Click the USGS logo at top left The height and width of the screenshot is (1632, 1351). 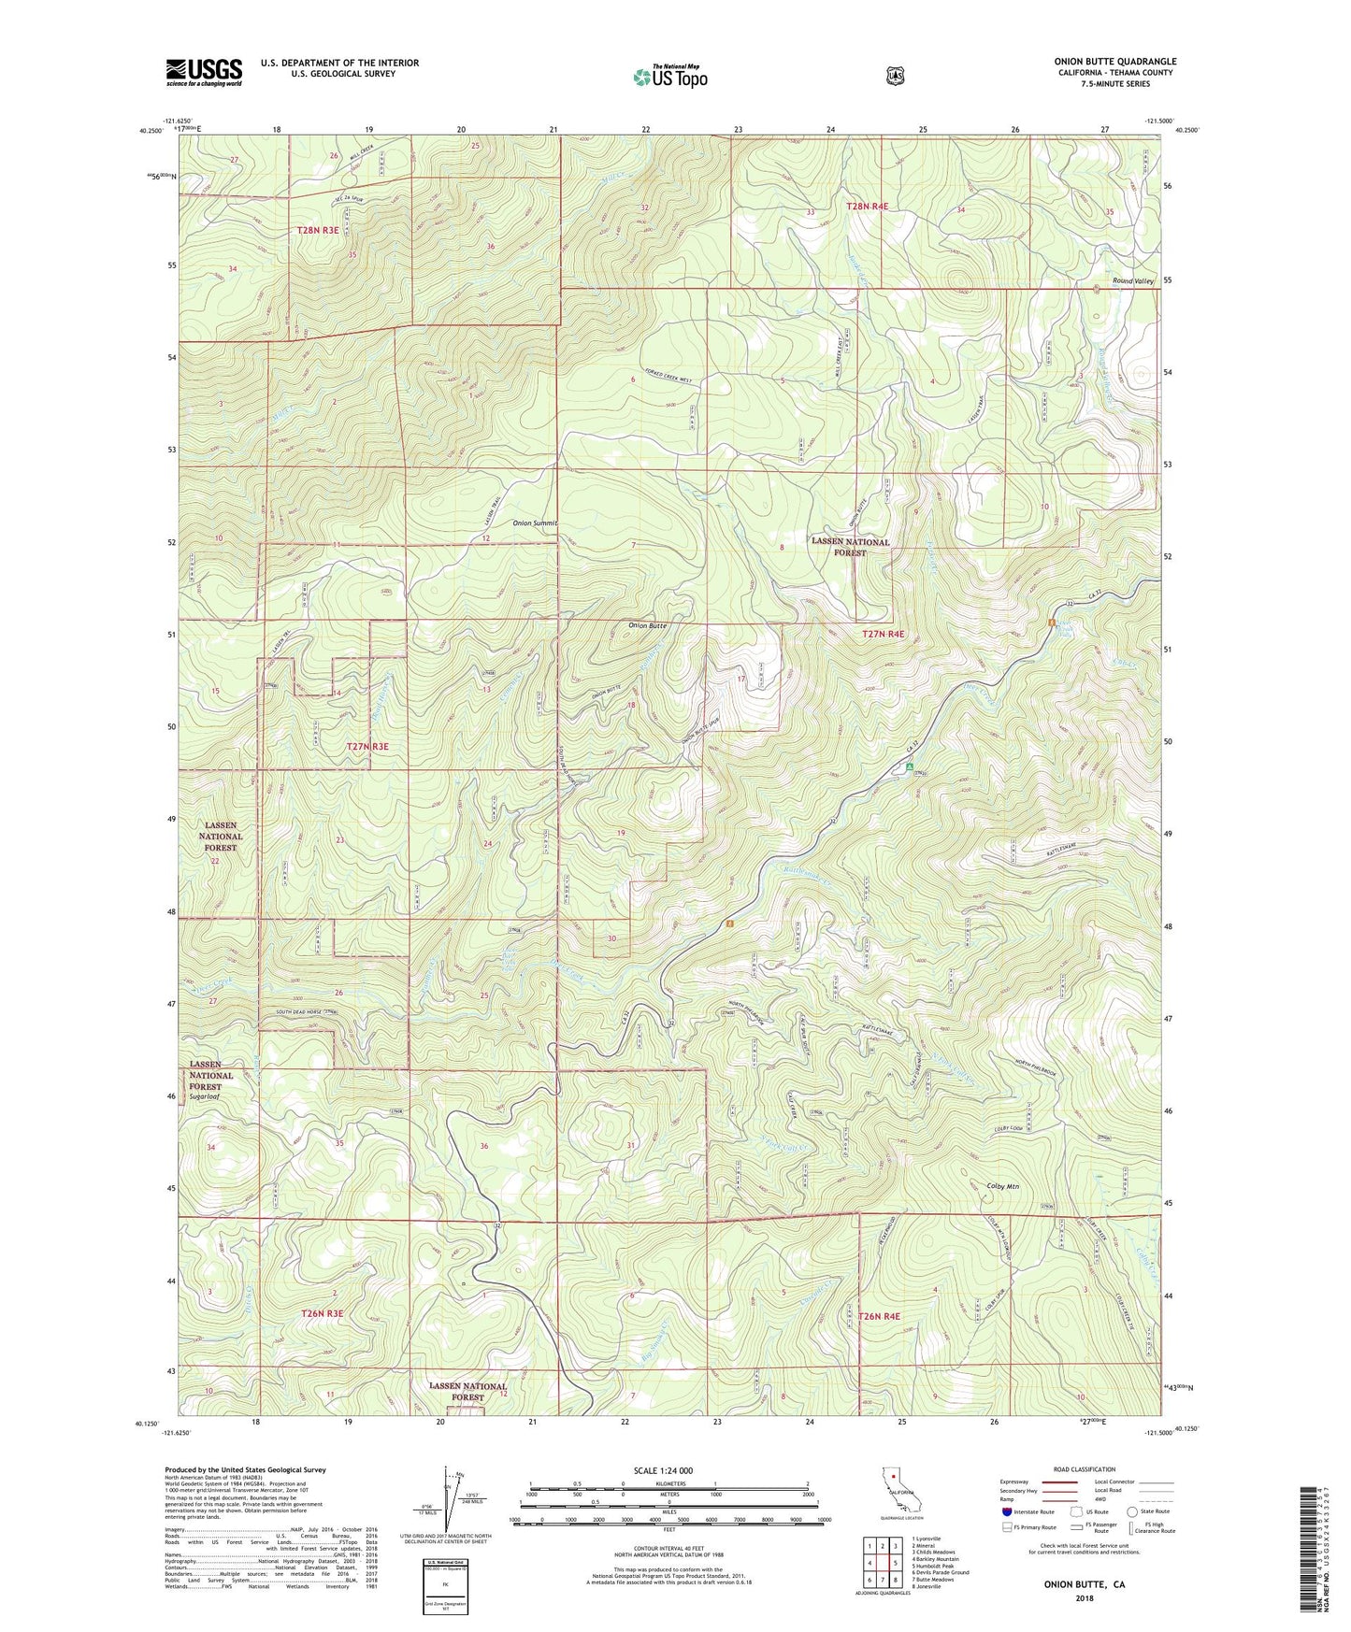(204, 72)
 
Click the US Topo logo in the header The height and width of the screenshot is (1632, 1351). (669, 77)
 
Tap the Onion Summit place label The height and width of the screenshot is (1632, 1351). (535, 523)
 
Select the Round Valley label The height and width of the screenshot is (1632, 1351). (1133, 281)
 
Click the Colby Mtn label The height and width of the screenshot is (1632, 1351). (1003, 1186)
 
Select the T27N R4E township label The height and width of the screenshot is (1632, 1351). (883, 634)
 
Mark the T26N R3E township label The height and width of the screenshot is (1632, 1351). (323, 1313)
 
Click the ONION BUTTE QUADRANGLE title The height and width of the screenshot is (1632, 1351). (1114, 62)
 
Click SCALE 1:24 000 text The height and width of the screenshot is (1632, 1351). (663, 1471)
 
